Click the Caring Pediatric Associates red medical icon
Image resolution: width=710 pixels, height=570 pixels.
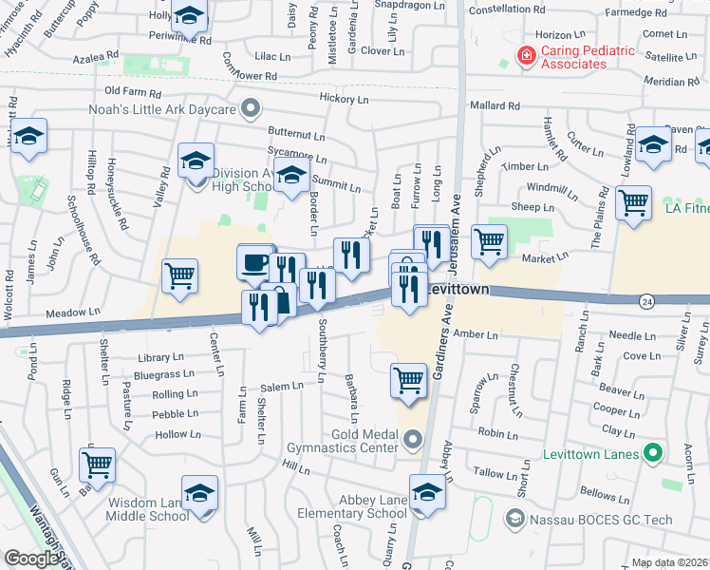coord(525,56)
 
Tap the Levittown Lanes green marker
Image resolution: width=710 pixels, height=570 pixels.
coord(652,454)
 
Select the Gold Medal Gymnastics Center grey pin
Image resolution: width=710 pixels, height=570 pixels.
coord(412,440)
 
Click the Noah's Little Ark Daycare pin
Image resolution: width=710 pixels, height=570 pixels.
coord(251,110)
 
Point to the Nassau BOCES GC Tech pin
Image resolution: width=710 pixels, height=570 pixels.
coord(514,519)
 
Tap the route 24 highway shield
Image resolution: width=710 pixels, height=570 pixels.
coord(645,301)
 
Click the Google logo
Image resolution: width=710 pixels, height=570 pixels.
coord(30,559)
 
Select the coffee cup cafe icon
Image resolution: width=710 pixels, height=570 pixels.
coord(253,262)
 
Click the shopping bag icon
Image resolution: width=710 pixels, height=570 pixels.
coord(283,303)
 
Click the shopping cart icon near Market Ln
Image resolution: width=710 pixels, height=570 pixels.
coord(489,240)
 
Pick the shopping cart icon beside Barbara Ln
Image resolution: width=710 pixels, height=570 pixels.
coord(408,379)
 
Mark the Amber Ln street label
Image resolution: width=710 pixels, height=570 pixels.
coord(476,334)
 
